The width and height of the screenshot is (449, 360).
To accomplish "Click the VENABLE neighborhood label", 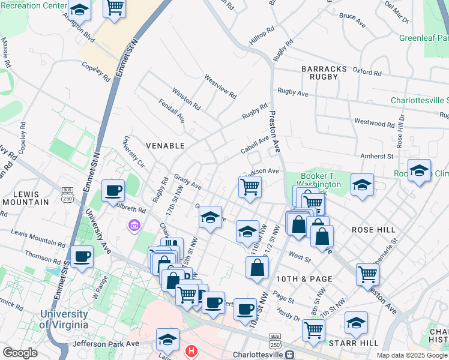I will click(165, 145).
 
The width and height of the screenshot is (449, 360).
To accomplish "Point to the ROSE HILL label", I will click(374, 230).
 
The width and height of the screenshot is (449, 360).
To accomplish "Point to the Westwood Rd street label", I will click(375, 124).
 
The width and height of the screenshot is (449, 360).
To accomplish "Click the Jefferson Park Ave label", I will click(106, 344).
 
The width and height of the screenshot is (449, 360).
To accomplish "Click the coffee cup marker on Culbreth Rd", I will click(113, 191).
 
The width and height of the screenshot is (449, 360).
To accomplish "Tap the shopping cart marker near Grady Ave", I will click(250, 186).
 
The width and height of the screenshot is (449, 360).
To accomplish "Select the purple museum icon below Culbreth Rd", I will click(134, 226).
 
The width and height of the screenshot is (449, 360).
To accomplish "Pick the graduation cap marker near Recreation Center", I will click(79, 10).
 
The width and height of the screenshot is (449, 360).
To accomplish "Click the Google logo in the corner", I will click(20, 353).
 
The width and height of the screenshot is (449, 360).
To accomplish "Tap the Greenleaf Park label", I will click(424, 38).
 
